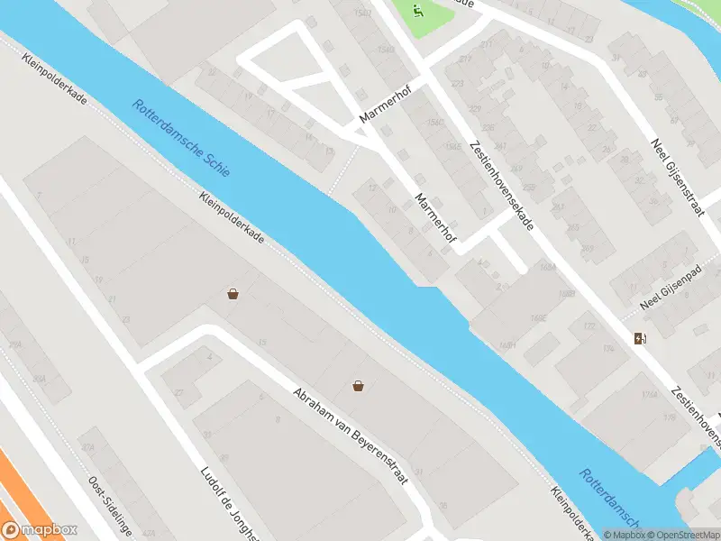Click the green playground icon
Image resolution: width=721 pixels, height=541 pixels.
tap(417, 12)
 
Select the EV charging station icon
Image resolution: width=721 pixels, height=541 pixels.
tap(640, 339)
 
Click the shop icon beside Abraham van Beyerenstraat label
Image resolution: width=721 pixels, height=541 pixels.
tap(359, 386)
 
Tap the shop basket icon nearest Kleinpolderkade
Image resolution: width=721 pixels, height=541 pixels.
tap(233, 294)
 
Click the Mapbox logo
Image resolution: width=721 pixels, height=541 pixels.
tap(39, 530)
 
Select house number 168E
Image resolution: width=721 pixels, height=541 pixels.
tap(539, 317)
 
